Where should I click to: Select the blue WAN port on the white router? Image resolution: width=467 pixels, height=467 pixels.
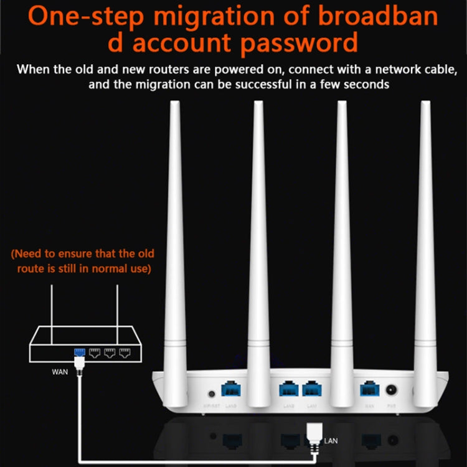367,390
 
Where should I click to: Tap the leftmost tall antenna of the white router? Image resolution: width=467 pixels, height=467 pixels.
175,237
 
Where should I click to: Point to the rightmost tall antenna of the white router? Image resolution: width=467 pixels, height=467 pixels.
426,237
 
